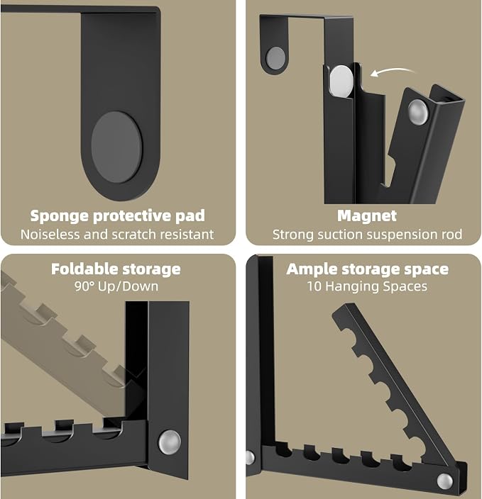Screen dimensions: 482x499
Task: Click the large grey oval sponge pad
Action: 116,147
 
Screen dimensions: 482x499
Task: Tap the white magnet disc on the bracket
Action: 341,81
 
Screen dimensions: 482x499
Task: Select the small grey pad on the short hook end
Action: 275,58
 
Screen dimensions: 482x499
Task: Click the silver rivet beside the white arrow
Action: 418,112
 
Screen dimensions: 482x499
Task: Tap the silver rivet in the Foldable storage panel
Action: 170,442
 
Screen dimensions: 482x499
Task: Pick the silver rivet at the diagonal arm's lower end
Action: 444,481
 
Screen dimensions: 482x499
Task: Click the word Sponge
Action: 60,216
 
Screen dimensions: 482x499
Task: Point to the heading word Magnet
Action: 367,215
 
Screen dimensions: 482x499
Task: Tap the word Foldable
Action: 84,269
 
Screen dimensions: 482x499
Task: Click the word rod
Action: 451,235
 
